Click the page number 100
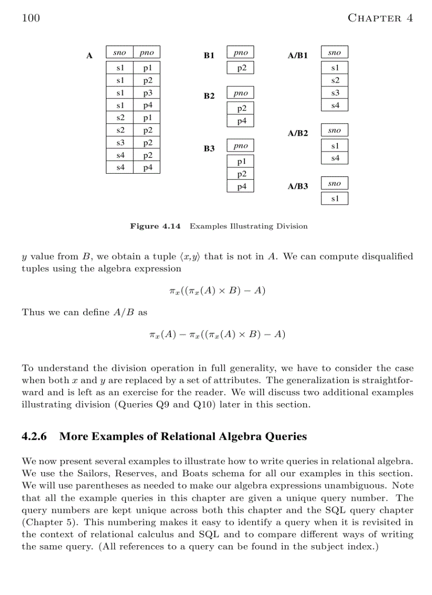31,18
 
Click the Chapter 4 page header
380,18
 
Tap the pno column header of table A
147,52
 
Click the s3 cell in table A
120,143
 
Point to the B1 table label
209,55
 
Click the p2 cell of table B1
241,68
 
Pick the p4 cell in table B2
241,121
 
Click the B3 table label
209,148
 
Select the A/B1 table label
298,55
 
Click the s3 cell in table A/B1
335,93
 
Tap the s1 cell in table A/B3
335,199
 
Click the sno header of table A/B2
335,130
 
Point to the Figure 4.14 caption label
155,226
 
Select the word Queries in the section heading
286,437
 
